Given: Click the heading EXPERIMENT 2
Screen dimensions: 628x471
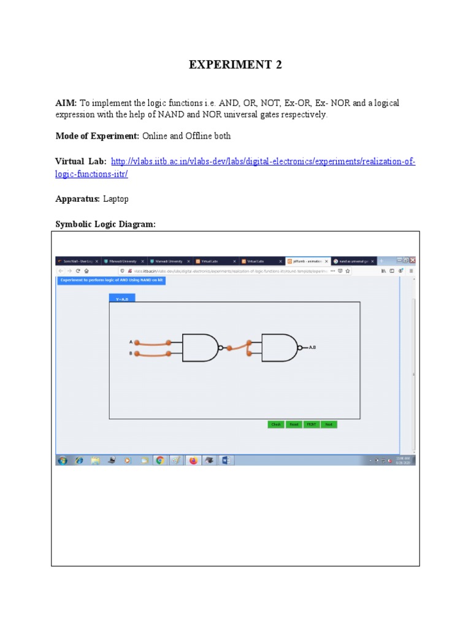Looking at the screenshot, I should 235,65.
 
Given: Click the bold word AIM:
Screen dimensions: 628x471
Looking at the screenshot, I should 66,104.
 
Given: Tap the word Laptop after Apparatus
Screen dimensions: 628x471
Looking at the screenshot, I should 116,199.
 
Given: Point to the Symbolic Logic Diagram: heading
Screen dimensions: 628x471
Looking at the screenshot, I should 105,224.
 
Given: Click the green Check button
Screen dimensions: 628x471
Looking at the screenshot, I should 276,424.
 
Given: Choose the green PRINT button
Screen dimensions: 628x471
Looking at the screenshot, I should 312,424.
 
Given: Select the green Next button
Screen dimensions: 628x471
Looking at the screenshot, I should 329,424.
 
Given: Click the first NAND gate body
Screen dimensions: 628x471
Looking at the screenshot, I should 199,348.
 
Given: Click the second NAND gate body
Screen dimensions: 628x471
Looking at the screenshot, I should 278,348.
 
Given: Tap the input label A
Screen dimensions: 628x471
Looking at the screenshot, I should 131,342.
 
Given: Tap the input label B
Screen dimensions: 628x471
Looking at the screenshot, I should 131,353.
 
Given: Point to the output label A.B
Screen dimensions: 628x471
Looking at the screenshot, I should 312,348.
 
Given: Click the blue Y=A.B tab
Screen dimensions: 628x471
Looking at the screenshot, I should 122,299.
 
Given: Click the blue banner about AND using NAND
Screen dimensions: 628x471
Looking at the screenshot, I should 112,280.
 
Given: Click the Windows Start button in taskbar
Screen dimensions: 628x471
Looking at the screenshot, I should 63,460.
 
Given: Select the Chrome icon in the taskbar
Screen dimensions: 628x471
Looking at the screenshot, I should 159,460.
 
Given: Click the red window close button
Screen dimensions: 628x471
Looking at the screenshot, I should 413,260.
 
